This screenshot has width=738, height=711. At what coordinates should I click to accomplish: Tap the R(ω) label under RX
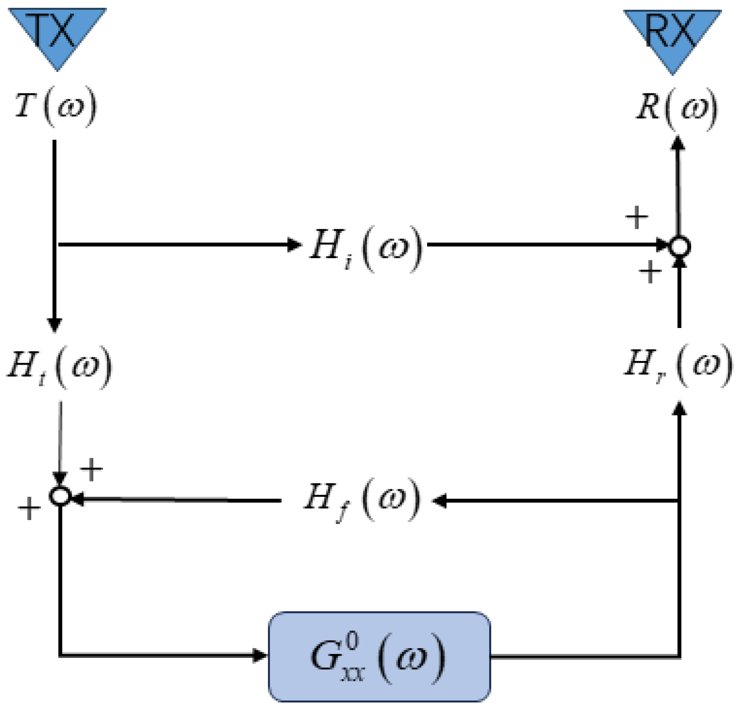click(x=677, y=109)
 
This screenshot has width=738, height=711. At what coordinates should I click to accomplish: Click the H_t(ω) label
click(x=60, y=366)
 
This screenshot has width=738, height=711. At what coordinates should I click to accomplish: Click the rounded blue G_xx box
click(x=379, y=657)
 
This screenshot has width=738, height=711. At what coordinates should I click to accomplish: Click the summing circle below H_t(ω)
click(x=60, y=496)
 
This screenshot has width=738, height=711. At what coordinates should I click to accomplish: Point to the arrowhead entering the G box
click(x=259, y=656)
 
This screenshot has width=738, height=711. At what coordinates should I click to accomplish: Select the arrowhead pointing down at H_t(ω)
click(x=55, y=325)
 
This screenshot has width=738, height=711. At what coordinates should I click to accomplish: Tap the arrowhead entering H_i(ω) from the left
click(x=294, y=245)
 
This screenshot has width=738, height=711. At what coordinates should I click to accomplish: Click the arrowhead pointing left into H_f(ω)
click(x=439, y=500)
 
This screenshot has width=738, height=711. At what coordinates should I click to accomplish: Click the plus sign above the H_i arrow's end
click(x=636, y=217)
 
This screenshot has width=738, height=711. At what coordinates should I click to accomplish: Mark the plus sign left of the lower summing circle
click(x=29, y=508)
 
